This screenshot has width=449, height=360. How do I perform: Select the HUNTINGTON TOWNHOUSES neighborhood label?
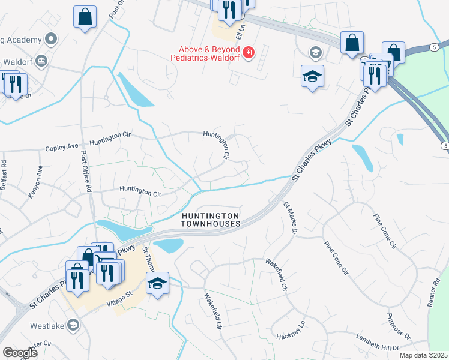click(x=211, y=220)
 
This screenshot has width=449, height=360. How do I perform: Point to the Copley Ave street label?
click(x=62, y=146)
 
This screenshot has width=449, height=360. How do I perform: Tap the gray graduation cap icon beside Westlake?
click(x=73, y=325)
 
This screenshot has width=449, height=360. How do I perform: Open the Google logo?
click(x=20, y=353)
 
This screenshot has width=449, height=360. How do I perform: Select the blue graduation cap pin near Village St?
click(x=158, y=283)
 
